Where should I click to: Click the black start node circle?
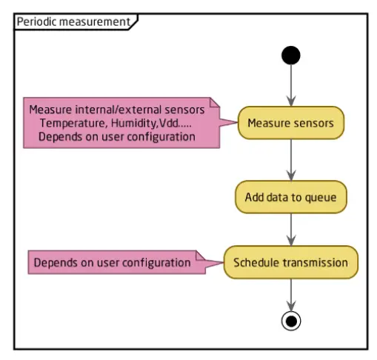292,56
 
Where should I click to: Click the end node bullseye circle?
292,320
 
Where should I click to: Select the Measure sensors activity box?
290,122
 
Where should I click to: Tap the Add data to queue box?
291,197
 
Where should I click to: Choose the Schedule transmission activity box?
291,262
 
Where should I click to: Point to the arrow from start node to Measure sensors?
292,85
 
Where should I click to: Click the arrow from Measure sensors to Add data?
292,159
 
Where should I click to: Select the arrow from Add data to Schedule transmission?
292,230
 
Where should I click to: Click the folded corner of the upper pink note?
216,103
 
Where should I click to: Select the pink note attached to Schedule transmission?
111,262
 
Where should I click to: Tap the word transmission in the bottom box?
314,262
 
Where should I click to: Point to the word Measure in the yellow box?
268,122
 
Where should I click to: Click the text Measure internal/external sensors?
116,110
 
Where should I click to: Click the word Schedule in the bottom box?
256,262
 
